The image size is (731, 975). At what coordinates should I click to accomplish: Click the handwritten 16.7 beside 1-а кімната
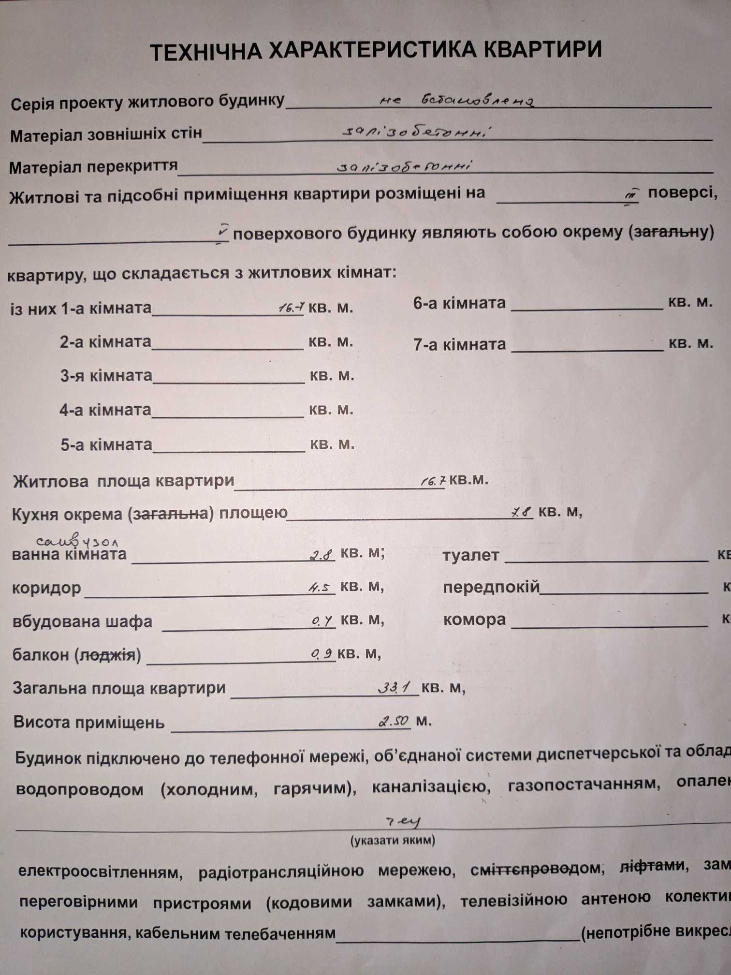[x=292, y=307]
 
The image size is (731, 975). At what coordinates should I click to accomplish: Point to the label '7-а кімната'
[x=459, y=344]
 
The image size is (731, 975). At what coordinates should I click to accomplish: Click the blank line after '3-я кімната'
[x=228, y=379]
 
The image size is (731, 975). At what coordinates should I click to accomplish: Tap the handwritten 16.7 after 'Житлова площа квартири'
[x=433, y=481]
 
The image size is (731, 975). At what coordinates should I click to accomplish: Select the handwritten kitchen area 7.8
[x=521, y=512]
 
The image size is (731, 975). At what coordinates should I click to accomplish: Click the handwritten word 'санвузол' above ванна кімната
[x=77, y=541]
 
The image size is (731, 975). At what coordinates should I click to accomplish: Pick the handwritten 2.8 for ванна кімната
[x=322, y=555]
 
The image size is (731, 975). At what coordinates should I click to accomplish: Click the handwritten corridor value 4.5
[x=321, y=588]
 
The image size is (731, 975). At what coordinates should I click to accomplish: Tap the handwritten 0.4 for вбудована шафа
[x=322, y=621]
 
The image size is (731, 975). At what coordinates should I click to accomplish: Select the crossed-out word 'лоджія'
[x=107, y=655]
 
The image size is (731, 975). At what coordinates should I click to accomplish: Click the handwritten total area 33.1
[x=394, y=687]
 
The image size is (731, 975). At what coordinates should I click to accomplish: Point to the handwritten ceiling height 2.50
[x=394, y=721]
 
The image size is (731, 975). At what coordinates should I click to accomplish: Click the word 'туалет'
[x=470, y=555]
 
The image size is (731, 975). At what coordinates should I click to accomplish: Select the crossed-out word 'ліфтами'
[x=652, y=865]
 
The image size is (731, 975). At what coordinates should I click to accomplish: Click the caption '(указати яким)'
[x=392, y=840]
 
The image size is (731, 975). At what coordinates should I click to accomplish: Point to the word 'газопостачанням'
[x=584, y=784]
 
